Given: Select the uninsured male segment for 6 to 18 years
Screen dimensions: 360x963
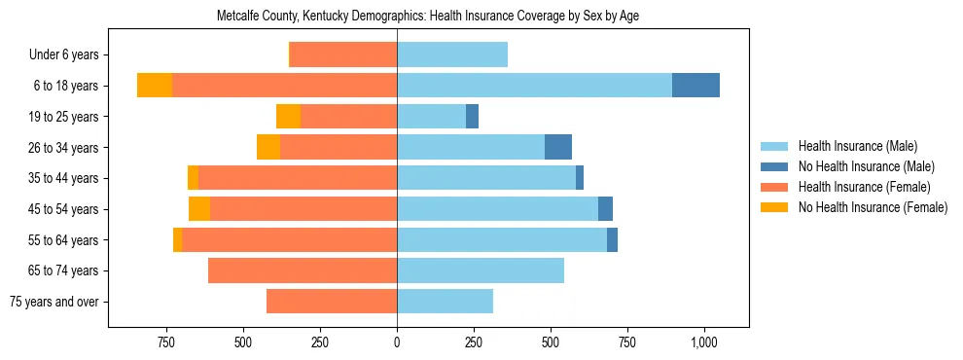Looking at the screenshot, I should (695, 86).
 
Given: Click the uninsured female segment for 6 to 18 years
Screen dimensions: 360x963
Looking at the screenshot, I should (155, 86).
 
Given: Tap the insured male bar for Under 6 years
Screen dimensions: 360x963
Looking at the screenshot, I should (452, 54).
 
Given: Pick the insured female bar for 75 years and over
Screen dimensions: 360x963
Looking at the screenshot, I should (332, 302).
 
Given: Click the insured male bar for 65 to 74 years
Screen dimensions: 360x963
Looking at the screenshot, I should (481, 270).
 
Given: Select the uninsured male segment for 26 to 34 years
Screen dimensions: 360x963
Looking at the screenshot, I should (558, 147).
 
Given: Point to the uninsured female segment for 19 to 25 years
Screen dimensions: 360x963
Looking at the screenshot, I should (288, 117).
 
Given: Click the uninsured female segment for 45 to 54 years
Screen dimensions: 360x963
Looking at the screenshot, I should (199, 209).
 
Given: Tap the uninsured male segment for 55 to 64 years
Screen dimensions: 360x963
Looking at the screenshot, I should (612, 239).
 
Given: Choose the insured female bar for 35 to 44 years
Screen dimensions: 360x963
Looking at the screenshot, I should (298, 178).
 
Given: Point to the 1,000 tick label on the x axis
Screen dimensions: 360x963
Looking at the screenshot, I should (704, 342).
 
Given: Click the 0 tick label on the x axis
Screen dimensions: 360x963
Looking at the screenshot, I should (397, 342).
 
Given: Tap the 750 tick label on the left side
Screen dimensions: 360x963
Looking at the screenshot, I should (166, 342).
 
